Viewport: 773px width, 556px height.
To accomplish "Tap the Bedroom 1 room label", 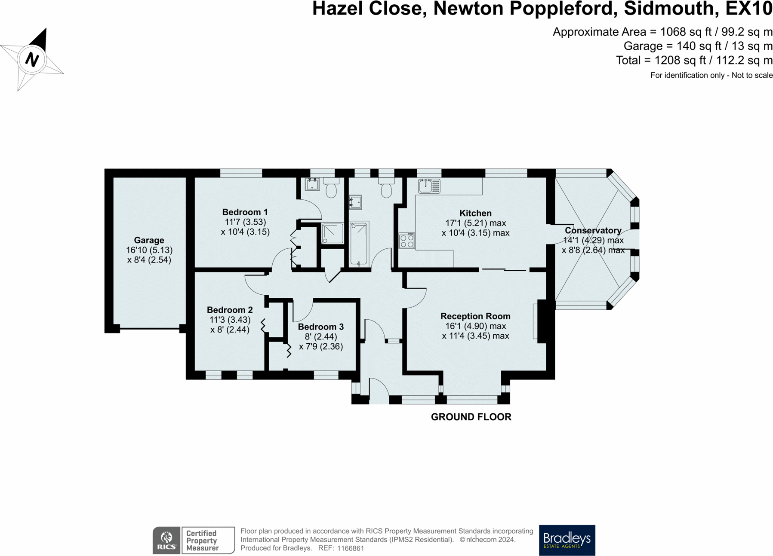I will pyautogui.click(x=245, y=212).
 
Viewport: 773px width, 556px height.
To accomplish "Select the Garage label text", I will pyautogui.click(x=149, y=240).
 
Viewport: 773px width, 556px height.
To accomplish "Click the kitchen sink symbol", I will pyautogui.click(x=429, y=186).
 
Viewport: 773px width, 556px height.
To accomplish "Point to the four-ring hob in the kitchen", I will pyautogui.click(x=407, y=241).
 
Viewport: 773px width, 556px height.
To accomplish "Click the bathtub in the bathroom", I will pyautogui.click(x=359, y=243).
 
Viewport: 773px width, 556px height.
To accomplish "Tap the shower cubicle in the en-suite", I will pyautogui.click(x=333, y=233).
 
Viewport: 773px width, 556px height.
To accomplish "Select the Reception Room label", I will pyautogui.click(x=475, y=316).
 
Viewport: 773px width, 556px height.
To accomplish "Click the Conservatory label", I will pyautogui.click(x=593, y=230).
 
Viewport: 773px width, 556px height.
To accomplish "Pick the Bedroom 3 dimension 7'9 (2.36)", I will pyautogui.click(x=321, y=346).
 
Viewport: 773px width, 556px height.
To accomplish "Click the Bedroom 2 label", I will pyautogui.click(x=230, y=310).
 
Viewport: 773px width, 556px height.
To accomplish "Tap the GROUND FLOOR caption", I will pyautogui.click(x=471, y=417).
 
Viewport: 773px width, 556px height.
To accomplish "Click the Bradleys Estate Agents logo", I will pyautogui.click(x=567, y=540).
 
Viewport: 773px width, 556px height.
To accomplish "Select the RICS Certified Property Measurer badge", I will pyautogui.click(x=194, y=540).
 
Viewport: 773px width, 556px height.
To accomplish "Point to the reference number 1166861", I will pyautogui.click(x=351, y=548).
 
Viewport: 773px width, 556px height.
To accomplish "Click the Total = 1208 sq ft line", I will pyautogui.click(x=694, y=60).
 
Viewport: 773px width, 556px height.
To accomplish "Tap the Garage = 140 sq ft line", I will pyautogui.click(x=698, y=46).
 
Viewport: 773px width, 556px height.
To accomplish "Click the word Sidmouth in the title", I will pyautogui.click(x=671, y=9).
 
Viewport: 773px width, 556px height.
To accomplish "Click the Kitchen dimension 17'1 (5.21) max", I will pyautogui.click(x=475, y=223).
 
